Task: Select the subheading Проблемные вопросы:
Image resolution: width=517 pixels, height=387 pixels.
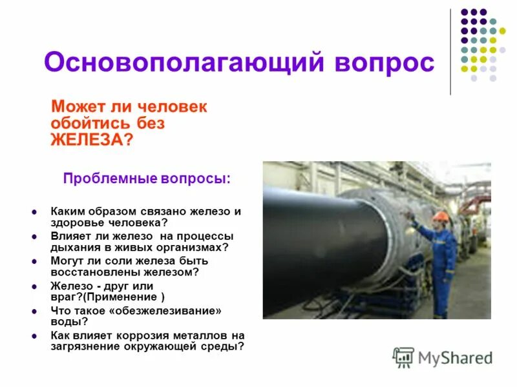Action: click(146, 178)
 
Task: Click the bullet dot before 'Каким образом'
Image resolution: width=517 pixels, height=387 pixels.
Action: click(34, 212)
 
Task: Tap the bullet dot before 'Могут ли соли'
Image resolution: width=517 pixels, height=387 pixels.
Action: click(34, 262)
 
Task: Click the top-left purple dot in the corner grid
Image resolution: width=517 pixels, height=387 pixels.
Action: click(463, 12)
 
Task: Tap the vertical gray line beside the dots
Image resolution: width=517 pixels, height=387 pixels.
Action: click(451, 52)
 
